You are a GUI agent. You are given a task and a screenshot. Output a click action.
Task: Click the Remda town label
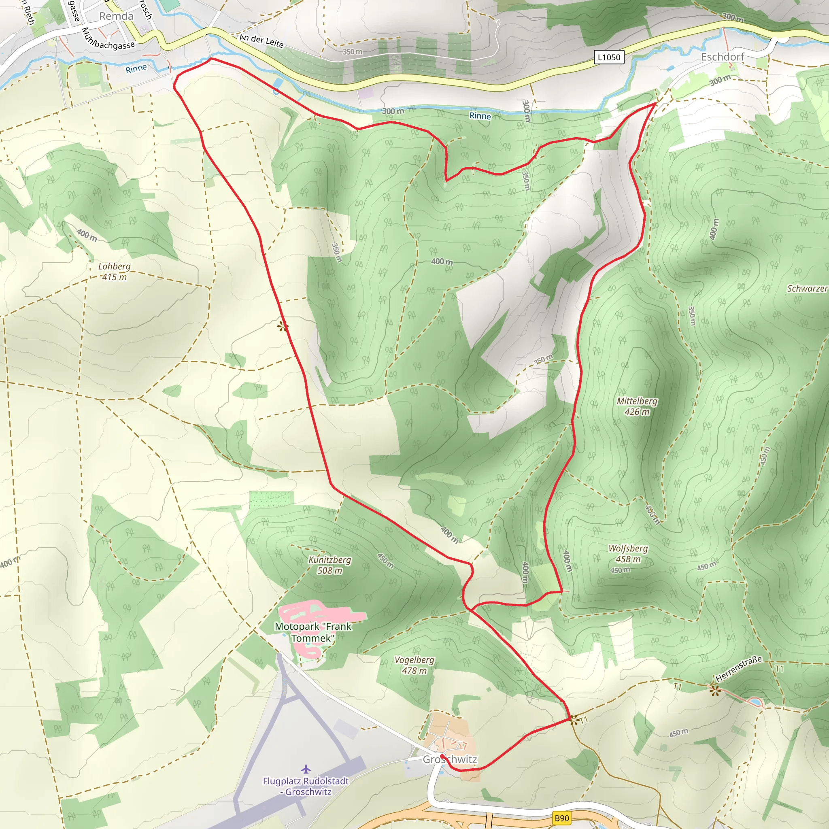116,16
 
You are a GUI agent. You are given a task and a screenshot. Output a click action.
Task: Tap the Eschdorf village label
723,57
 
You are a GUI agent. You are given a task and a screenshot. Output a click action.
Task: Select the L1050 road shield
608,57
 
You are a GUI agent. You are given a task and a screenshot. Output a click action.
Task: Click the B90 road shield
562,818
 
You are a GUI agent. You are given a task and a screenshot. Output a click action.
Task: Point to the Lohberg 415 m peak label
114,272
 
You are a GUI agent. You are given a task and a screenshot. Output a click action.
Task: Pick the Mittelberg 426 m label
637,406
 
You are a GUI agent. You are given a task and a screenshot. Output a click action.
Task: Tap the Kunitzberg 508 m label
329,565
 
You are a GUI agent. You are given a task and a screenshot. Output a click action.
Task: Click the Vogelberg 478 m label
414,665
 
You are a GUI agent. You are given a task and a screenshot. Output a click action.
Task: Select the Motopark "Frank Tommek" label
313,632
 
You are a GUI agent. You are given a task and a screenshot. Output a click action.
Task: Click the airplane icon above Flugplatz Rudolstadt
306,769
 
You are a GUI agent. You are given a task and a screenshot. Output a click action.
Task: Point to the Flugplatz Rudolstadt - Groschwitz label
306,786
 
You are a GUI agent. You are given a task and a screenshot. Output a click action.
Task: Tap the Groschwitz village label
450,759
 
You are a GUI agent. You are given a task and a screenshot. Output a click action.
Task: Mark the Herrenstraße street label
738,669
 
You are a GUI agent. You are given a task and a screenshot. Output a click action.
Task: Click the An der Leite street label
262,41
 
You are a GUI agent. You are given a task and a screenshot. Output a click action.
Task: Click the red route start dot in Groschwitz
442,756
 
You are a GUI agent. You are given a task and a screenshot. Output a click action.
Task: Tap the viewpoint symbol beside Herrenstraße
714,691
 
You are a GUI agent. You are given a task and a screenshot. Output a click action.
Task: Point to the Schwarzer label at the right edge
807,289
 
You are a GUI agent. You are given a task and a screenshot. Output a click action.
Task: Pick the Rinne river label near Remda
136,69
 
